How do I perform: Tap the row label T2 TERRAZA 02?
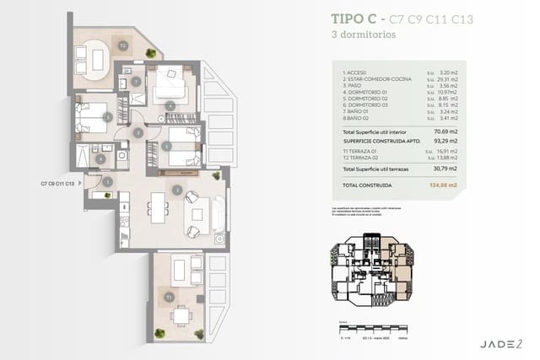click(361, 159)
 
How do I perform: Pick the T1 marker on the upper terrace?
click(122, 44)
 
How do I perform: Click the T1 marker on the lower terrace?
click(170, 298)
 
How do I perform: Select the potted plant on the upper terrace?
click(150, 53)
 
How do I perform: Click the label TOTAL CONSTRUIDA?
click(365, 184)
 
